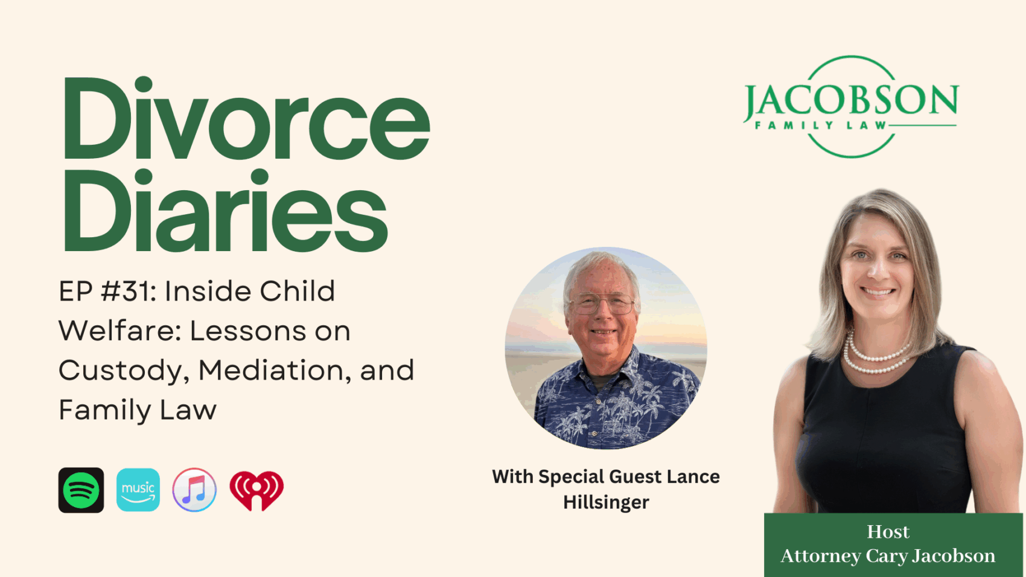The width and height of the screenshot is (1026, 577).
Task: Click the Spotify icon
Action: point(81,490)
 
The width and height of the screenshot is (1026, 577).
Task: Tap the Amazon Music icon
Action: point(138,490)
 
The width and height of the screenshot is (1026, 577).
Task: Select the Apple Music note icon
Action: point(194,490)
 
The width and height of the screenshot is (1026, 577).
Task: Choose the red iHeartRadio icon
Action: point(256,491)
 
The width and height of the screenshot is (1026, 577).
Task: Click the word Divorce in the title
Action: point(246,118)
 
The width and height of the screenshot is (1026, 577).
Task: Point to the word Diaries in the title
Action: point(225,211)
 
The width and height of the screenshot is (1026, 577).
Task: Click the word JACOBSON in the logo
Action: point(851,100)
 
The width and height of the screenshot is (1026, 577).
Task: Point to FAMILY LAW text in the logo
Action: point(821,126)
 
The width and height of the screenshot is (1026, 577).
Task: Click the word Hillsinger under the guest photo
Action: point(606,503)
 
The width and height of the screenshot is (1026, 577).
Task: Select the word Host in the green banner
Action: point(888,532)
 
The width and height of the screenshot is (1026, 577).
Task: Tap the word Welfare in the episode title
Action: point(121,331)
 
